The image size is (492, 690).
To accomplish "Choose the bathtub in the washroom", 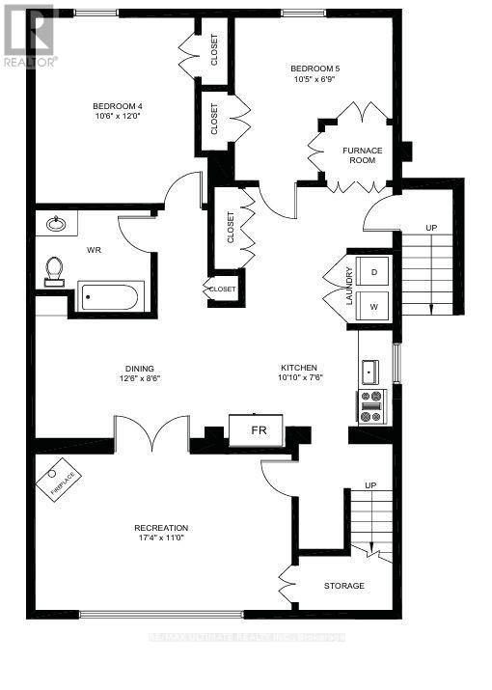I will tap(110, 296).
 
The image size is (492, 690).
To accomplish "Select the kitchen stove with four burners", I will tap(371, 406).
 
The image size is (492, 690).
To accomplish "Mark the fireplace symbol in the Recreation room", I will tap(63, 480).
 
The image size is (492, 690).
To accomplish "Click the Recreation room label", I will tap(161, 528).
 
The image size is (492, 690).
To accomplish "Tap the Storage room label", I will tap(343, 586).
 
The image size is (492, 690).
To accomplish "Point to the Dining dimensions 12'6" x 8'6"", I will tap(139, 379).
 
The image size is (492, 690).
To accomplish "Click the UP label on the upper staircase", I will tap(431, 228).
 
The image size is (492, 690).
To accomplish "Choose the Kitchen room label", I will tap(297, 368).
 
